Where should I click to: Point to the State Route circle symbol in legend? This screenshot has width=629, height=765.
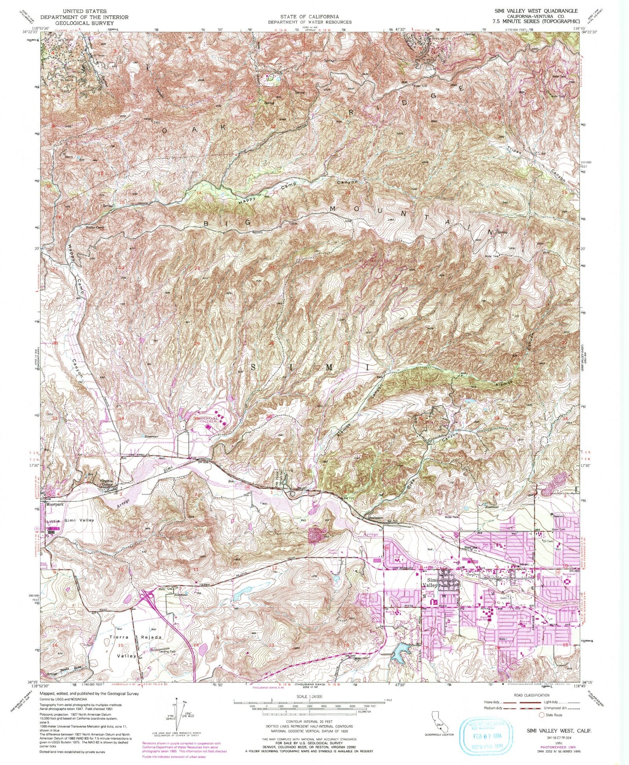pyautogui.click(x=542, y=715)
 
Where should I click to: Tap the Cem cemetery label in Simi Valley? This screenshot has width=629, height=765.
pyautogui.click(x=504, y=599)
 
